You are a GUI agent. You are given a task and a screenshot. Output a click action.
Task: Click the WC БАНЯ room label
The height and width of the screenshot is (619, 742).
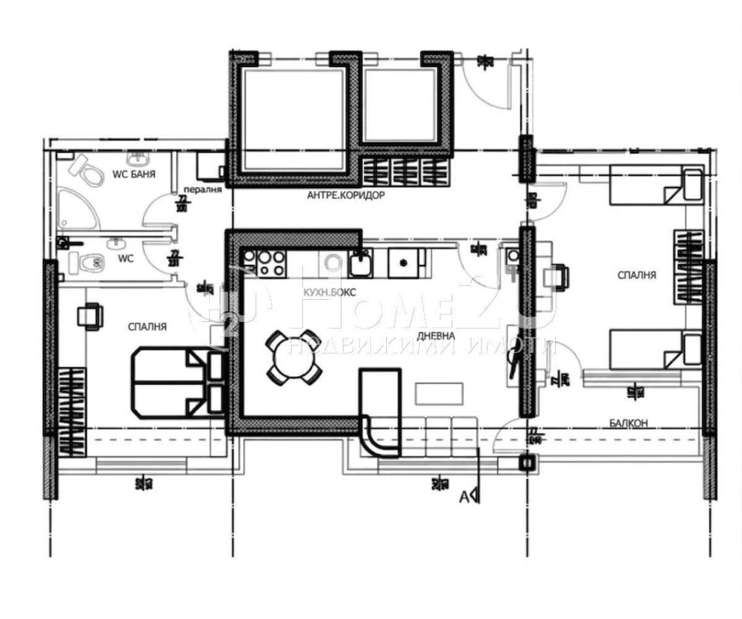pos(133,175)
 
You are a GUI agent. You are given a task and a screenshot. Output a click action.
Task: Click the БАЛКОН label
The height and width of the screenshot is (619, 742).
pos(628,423)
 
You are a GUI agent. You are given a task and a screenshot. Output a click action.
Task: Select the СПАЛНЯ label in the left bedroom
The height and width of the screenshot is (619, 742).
pos(147,326)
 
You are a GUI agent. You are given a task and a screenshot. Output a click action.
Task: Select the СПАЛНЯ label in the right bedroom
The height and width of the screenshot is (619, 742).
pos(637,274)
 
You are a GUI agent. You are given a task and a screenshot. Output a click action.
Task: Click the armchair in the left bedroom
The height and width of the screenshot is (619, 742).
pos(89,316)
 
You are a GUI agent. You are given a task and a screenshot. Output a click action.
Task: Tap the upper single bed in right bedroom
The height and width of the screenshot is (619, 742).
pos(654,184)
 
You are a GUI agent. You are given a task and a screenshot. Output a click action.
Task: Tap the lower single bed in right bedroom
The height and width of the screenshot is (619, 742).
pos(654,350)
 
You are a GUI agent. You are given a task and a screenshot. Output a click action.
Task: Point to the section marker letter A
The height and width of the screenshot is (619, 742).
pos(462,495)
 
